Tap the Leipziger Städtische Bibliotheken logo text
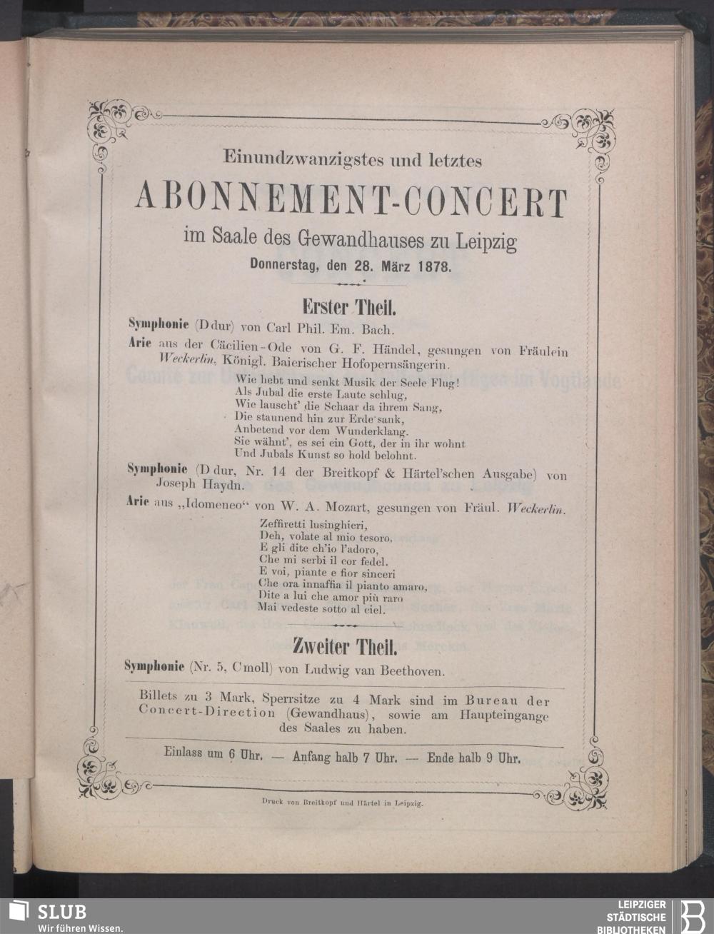click(636, 916)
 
